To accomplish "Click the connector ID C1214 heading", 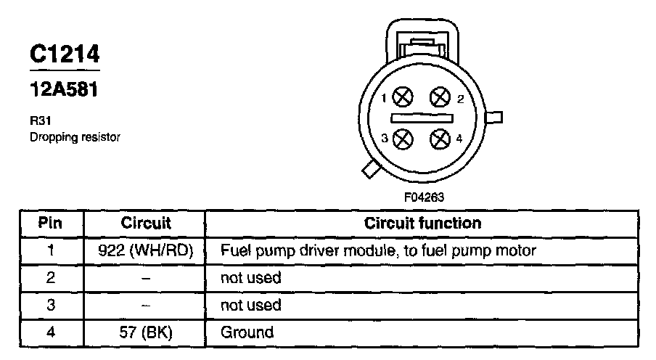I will (x=65, y=54).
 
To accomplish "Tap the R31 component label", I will (x=37, y=123).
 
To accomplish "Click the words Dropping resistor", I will (x=73, y=136).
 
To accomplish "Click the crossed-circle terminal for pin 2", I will (x=440, y=97).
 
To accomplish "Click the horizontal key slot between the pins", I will (x=422, y=117).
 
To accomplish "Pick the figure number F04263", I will (x=425, y=197).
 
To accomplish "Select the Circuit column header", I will (x=146, y=223).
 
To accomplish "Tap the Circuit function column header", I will (x=422, y=223).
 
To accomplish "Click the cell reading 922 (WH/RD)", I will (x=146, y=251).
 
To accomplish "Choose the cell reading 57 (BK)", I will (x=146, y=332).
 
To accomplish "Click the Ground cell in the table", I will (x=247, y=332).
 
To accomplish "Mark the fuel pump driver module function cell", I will (x=377, y=251).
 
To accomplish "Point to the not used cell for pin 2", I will (x=250, y=278).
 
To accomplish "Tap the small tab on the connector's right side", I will (x=498, y=117).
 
